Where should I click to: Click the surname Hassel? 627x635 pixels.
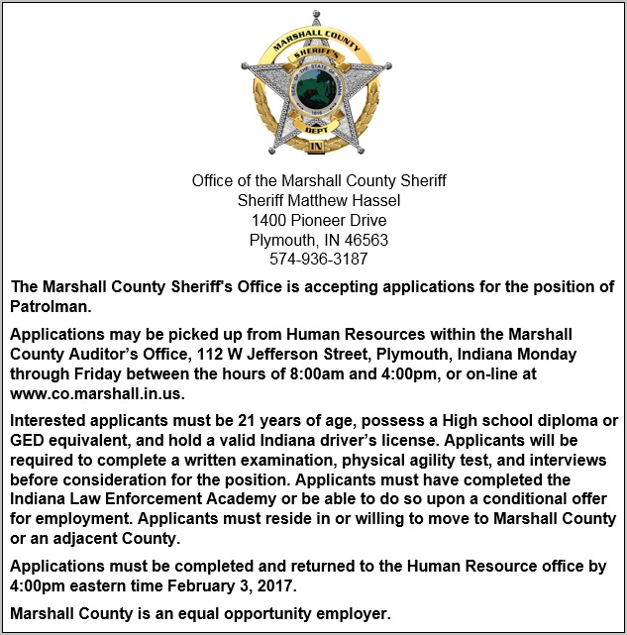point(375,200)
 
